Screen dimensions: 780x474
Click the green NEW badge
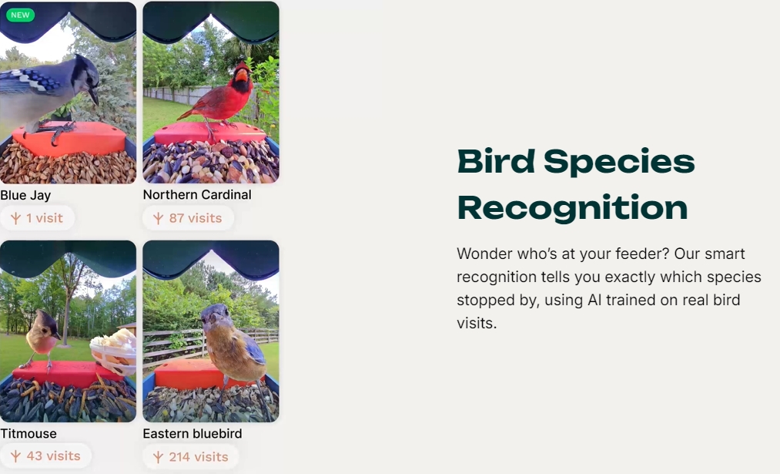[20, 15]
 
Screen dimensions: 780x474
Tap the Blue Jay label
[25, 195]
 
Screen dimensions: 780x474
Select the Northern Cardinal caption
[197, 195]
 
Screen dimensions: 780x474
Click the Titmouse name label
[28, 434]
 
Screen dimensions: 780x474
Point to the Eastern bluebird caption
[192, 434]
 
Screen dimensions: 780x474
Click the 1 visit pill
[37, 218]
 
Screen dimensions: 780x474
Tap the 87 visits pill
[188, 218]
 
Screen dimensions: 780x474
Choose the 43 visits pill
[45, 456]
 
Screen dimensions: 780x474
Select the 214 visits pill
[190, 456]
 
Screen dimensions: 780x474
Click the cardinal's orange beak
[241, 76]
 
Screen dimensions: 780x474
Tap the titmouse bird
[42, 338]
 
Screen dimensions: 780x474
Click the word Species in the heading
[619, 163]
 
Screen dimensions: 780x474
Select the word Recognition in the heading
[573, 207]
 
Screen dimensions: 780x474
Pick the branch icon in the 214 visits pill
[158, 456]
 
